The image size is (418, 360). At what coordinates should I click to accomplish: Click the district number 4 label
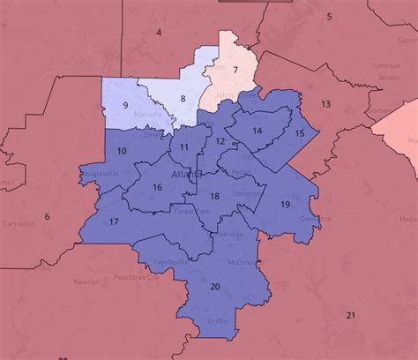159,33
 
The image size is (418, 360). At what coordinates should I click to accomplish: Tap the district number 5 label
329,17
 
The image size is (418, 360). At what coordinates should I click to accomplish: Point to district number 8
183,99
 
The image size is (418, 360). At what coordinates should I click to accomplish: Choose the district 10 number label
122,152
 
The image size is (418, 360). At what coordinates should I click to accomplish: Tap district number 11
184,147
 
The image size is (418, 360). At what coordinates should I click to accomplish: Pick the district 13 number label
325,104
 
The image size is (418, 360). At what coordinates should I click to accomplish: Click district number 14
258,131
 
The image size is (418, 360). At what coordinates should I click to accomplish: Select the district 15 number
300,133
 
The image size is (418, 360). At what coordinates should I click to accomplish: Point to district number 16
156,187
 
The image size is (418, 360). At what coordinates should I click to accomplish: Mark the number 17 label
114,221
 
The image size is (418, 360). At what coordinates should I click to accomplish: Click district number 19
285,205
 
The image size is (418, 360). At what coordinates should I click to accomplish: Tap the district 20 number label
215,286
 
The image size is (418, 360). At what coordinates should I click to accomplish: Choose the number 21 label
350,315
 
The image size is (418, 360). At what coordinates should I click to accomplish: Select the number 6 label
48,216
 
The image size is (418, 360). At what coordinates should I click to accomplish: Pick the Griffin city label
216,321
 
